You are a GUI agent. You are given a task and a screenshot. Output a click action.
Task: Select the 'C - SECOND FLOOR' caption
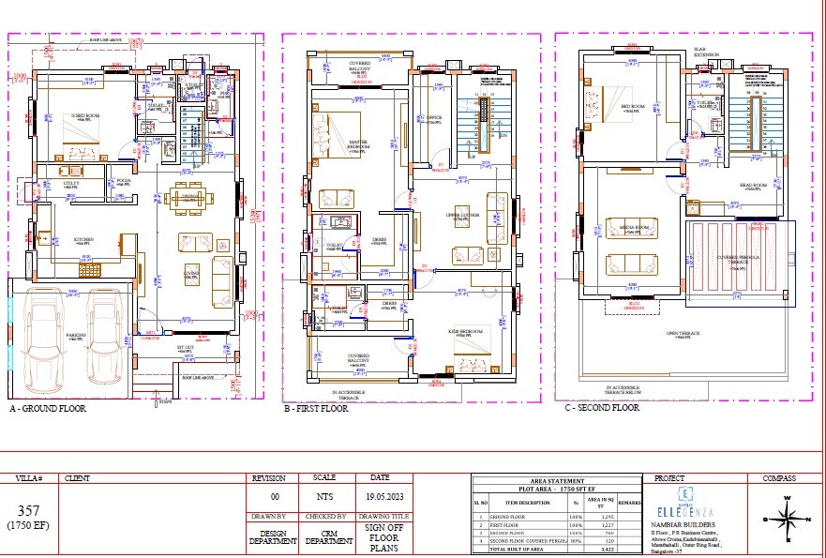pyautogui.click(x=601, y=408)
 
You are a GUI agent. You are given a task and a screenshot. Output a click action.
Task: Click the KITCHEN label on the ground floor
pyautogui.click(x=83, y=239)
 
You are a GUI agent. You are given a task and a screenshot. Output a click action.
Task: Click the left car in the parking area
pyautogui.click(x=42, y=334)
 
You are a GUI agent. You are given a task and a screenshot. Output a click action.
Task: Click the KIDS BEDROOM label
pyautogui.click(x=464, y=331)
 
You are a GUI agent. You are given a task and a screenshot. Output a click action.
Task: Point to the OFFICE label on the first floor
pyautogui.click(x=433, y=118)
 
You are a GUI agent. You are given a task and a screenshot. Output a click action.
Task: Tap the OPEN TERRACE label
pyautogui.click(x=685, y=333)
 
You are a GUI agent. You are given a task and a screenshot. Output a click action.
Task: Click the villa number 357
pyautogui.click(x=27, y=510)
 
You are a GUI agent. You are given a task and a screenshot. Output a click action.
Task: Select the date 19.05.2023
pyautogui.click(x=367, y=497)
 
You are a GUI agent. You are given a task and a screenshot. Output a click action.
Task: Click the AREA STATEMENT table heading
pyautogui.click(x=557, y=480)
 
